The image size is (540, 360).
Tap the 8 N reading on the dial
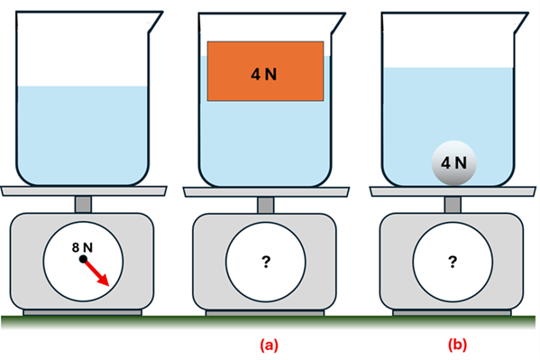point(83,245)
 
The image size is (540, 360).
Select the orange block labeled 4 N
point(265,71)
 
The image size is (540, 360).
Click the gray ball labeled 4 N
point(453,163)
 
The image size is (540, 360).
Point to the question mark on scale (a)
point(266,262)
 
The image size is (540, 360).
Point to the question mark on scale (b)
point(453,262)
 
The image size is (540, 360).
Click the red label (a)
point(268,345)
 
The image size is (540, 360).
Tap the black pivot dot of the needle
point(84,259)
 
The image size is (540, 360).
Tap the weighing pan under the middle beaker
point(266,190)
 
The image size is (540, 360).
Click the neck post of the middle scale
point(266,205)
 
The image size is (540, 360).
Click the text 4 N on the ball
point(453,163)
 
